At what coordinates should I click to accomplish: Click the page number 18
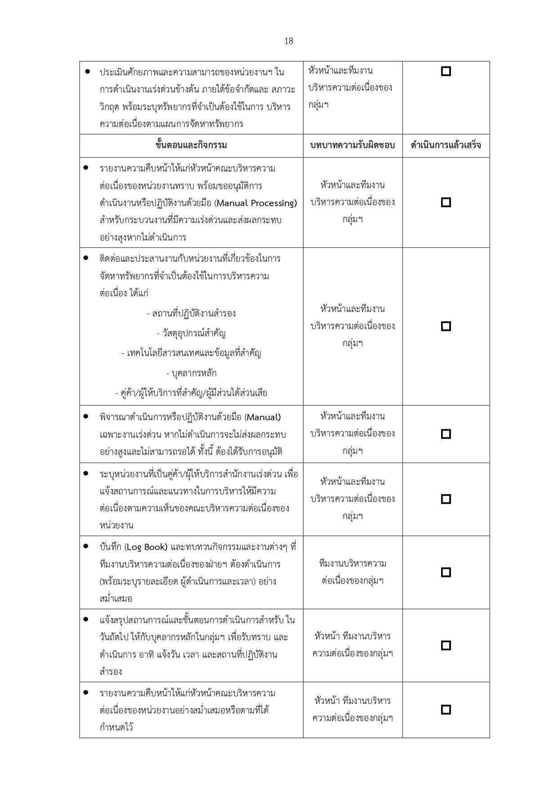tap(289, 41)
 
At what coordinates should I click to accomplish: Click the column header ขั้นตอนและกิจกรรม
tap(191, 145)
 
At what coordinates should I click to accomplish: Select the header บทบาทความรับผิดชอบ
tap(353, 145)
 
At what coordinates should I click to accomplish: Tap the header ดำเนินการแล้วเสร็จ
tap(446, 145)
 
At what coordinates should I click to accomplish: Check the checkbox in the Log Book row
tap(446, 572)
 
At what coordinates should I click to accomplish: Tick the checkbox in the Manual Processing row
tap(446, 203)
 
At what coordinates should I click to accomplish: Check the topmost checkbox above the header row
tap(446, 71)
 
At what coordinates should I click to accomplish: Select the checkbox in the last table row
tap(446, 710)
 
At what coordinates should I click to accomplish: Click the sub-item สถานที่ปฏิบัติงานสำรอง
tap(191, 313)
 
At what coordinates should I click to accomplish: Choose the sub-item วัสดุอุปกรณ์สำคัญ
tap(191, 333)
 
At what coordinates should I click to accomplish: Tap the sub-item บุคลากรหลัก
tap(191, 373)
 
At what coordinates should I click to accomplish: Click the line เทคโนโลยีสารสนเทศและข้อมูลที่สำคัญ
tap(191, 353)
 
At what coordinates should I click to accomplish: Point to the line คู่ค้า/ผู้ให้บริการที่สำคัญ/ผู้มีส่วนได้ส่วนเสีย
tap(191, 393)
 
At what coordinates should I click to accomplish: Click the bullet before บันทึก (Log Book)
tap(85, 546)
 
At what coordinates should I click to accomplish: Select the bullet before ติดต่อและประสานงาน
tap(85, 258)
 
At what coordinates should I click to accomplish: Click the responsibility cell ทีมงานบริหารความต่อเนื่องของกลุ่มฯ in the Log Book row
tap(353, 572)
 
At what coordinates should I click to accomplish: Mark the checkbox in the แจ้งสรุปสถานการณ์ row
tap(446, 645)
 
